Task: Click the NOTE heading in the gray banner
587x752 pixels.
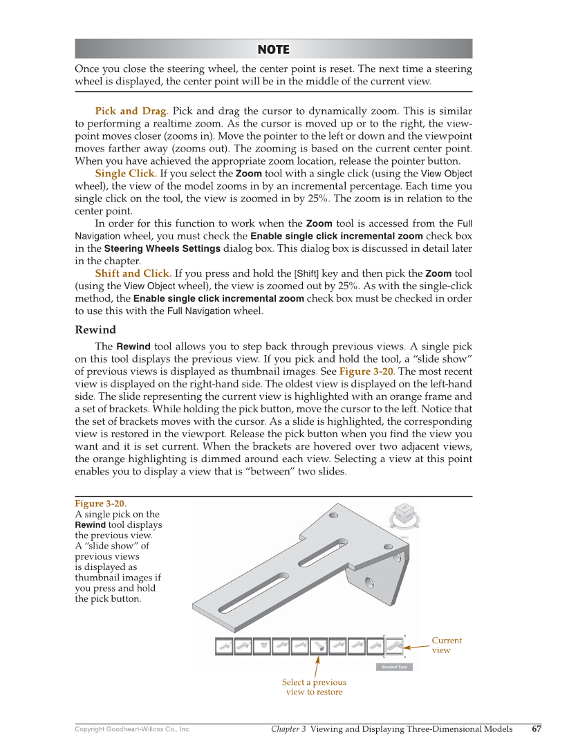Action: [273, 49]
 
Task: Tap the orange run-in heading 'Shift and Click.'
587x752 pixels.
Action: [133, 273]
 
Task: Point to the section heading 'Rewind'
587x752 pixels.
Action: [95, 329]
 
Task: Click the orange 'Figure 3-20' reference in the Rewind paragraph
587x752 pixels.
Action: [366, 372]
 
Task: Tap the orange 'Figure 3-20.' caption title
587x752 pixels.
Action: [100, 503]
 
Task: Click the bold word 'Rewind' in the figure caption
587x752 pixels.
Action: [90, 524]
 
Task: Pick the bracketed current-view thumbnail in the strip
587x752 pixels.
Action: [394, 645]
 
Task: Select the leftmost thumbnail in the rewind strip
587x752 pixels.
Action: [224, 645]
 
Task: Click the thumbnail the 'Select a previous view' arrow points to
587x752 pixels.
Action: [319, 645]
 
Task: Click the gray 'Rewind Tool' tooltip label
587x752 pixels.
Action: [394, 667]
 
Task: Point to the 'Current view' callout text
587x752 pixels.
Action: [446, 645]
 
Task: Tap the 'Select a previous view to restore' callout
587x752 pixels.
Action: [314, 687]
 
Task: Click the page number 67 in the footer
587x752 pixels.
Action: [537, 728]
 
